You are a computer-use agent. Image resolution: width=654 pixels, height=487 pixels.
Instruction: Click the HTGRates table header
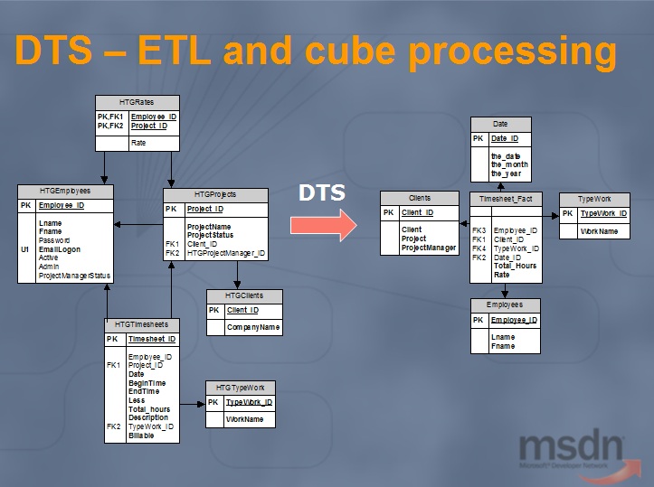click(137, 102)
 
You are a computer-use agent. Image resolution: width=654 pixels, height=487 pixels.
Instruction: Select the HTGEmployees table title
click(64, 192)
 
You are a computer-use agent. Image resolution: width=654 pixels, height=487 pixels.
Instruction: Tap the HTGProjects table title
click(215, 195)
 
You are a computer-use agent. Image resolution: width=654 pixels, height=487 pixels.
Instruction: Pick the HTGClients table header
click(244, 295)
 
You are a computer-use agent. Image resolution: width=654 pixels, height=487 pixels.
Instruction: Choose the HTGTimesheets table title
click(141, 324)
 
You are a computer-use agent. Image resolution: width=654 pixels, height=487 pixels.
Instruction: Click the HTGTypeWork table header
click(240, 387)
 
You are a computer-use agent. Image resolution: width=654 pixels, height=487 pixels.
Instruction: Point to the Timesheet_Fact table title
click(505, 198)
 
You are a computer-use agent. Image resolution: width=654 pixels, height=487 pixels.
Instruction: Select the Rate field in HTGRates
click(138, 143)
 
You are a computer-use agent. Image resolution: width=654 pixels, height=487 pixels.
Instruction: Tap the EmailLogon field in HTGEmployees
click(60, 249)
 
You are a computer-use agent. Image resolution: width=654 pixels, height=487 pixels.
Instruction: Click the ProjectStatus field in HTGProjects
click(210, 235)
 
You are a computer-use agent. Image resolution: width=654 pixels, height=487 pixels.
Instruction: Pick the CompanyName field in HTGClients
click(252, 326)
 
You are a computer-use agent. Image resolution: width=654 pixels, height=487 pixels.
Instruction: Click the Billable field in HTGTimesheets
click(140, 435)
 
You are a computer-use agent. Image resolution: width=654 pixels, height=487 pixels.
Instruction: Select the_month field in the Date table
click(510, 164)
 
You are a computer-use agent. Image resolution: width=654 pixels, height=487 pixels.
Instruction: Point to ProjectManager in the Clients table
click(429, 248)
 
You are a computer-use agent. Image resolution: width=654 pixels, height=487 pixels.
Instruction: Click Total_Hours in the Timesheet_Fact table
click(515, 266)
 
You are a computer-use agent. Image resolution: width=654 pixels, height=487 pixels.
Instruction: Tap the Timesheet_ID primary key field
click(151, 340)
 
